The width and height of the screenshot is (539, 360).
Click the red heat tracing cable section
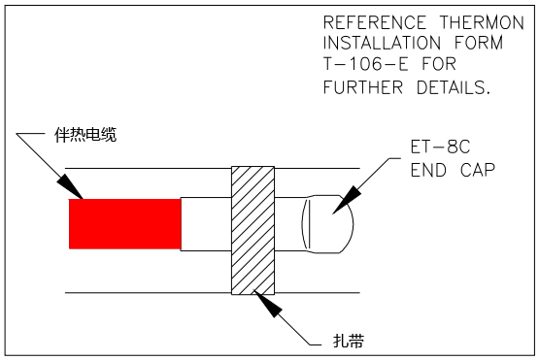pyautogui.click(x=124, y=223)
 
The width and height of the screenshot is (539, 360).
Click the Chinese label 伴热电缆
pyautogui.click(x=85, y=135)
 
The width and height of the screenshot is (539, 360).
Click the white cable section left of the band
pyautogui.click(x=206, y=224)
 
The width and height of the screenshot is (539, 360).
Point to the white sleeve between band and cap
pyautogui.click(x=289, y=225)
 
